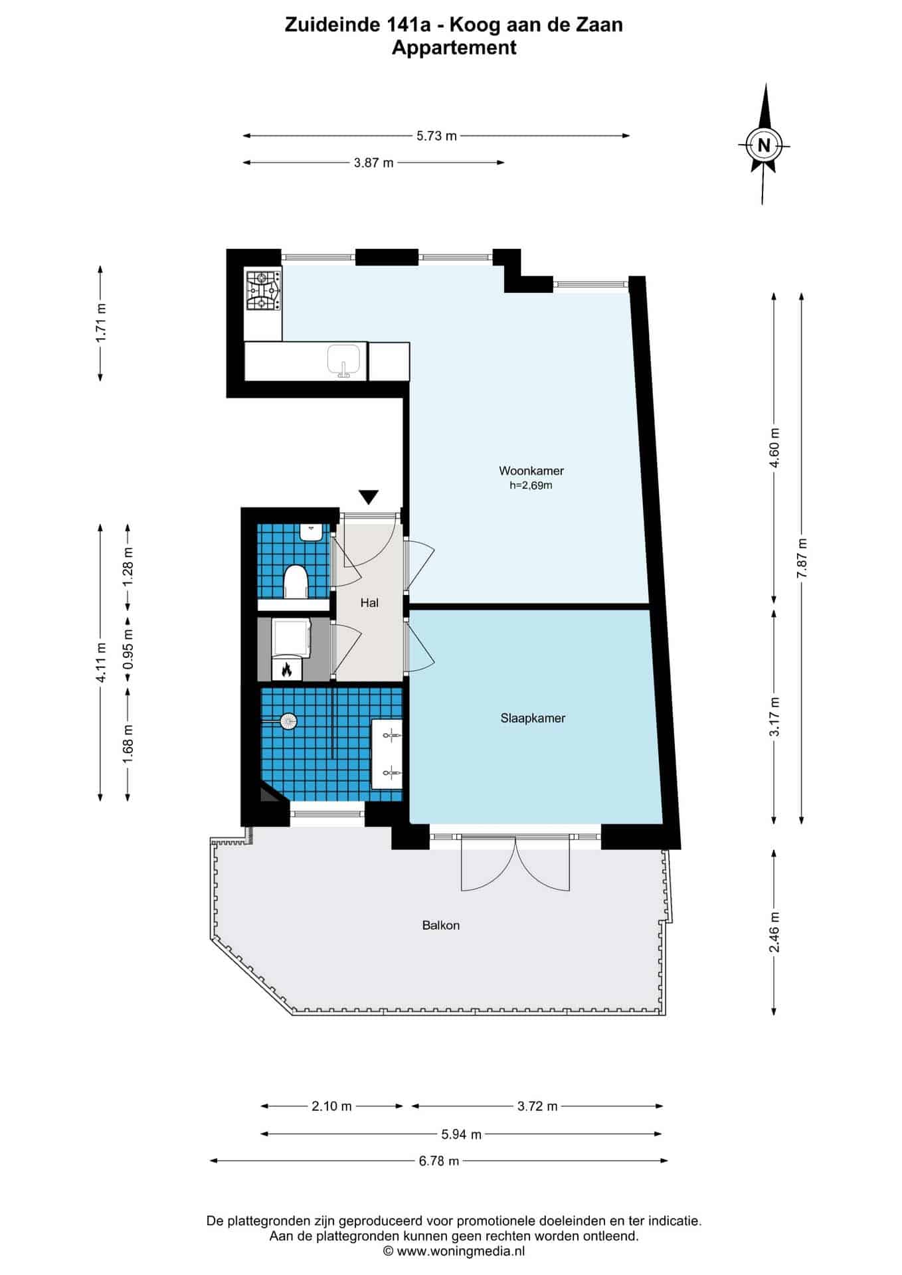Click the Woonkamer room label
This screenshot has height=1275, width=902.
click(x=531, y=471)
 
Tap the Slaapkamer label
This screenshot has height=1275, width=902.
click(x=533, y=718)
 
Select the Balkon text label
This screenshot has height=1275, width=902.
click(x=441, y=925)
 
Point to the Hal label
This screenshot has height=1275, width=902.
click(x=369, y=603)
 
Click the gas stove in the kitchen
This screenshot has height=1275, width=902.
click(x=264, y=291)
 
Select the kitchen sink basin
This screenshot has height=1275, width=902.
click(x=345, y=361)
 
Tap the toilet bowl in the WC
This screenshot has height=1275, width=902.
click(x=295, y=582)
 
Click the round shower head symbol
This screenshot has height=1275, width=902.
click(x=288, y=721)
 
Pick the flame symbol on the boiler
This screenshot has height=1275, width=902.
click(x=286, y=669)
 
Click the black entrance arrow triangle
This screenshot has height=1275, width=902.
click(x=369, y=497)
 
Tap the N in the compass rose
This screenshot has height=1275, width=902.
click(x=764, y=145)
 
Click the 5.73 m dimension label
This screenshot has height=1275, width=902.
click(x=436, y=136)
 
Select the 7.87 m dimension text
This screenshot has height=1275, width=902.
click(x=802, y=558)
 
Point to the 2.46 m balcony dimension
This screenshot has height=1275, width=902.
click(x=774, y=932)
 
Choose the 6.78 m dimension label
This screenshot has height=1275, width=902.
click(x=438, y=1161)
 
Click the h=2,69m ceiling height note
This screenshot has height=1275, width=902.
click(x=531, y=485)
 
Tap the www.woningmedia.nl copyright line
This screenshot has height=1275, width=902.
click(x=454, y=1251)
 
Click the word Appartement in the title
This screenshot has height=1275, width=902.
click(x=454, y=48)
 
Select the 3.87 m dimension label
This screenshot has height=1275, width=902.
click(x=374, y=163)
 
